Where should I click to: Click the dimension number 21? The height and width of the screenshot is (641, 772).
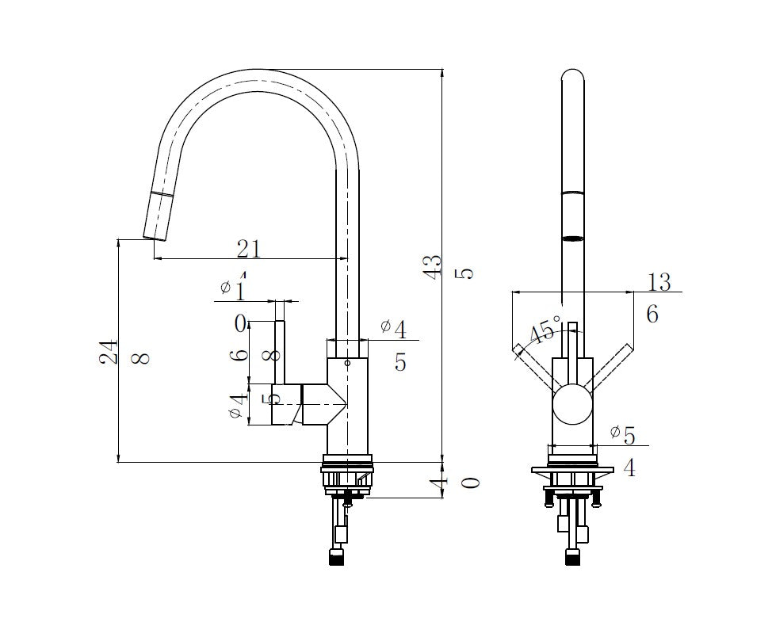249,249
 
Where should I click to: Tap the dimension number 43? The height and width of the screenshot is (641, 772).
432,266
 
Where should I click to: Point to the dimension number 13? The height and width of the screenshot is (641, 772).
658,282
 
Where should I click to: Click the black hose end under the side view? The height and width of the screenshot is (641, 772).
337,557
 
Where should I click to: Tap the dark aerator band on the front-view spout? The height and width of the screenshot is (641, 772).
572,237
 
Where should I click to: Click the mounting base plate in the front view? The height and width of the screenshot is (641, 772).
572,471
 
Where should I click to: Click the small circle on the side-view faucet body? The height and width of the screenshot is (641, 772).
347,361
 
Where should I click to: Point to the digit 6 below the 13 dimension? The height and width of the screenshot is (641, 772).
652,315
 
